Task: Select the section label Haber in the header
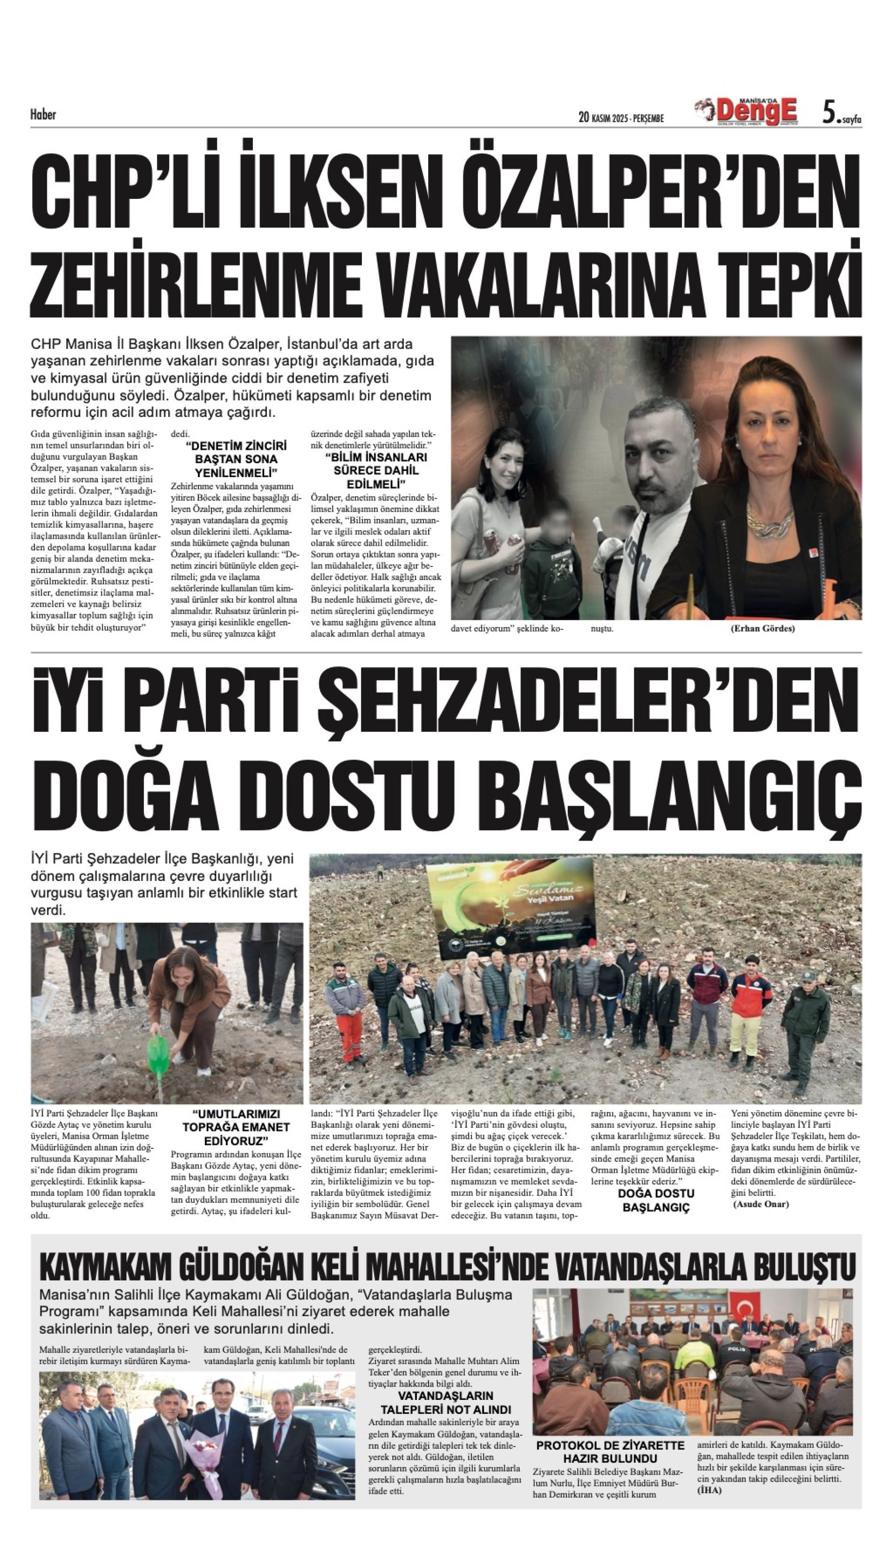click(x=43, y=114)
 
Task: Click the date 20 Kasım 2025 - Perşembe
click(x=621, y=118)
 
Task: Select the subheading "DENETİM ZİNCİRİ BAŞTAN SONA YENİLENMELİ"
click(x=236, y=459)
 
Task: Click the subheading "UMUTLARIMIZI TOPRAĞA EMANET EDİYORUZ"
click(x=236, y=1127)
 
